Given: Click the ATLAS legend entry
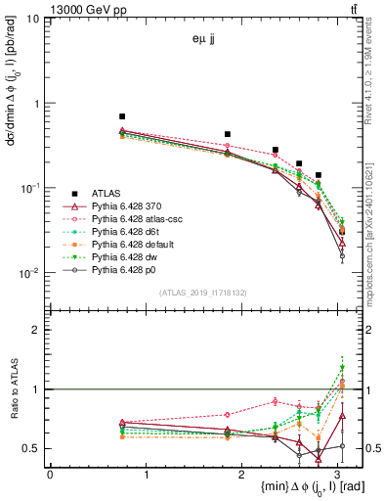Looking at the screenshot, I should (x=106, y=193).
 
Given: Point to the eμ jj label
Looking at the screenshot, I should (x=205, y=42).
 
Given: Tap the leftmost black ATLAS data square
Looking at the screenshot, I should (x=121, y=116).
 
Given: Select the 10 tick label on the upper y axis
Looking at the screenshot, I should (x=33, y=20).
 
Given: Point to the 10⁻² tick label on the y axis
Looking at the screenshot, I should (x=30, y=272).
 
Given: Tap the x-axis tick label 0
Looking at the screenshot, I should (x=50, y=475).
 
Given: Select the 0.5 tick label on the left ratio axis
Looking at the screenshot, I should (x=32, y=448).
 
